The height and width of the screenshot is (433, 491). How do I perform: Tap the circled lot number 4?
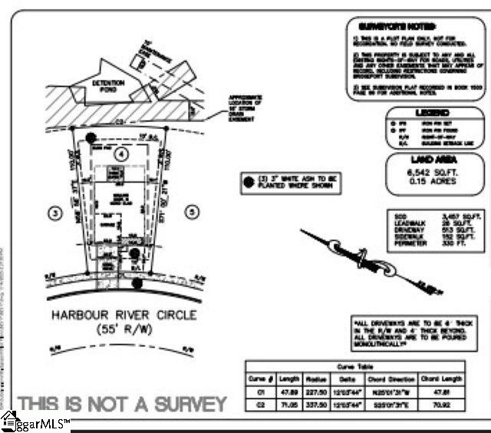(x=120, y=155)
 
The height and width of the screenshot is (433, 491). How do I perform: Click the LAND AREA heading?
(x=435, y=160)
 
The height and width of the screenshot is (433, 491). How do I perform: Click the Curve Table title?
(x=354, y=367)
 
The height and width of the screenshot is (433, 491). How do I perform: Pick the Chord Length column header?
(x=440, y=378)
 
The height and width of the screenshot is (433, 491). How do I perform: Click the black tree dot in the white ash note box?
(x=247, y=183)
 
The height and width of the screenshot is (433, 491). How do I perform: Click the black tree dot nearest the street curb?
(x=137, y=283)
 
